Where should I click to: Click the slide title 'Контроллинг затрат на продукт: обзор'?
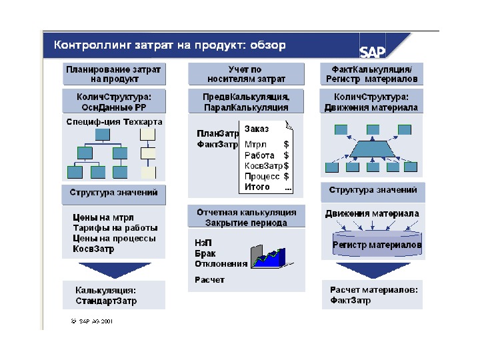point(170,45)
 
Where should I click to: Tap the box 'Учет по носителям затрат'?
point(247,74)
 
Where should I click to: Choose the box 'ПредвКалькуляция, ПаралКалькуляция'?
point(246,101)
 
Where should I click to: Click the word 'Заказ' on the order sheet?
point(257,129)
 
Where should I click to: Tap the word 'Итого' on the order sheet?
point(257,187)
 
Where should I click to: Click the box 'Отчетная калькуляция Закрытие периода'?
point(246,217)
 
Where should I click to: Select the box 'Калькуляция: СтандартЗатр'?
point(113,295)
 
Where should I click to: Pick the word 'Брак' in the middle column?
point(205,254)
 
